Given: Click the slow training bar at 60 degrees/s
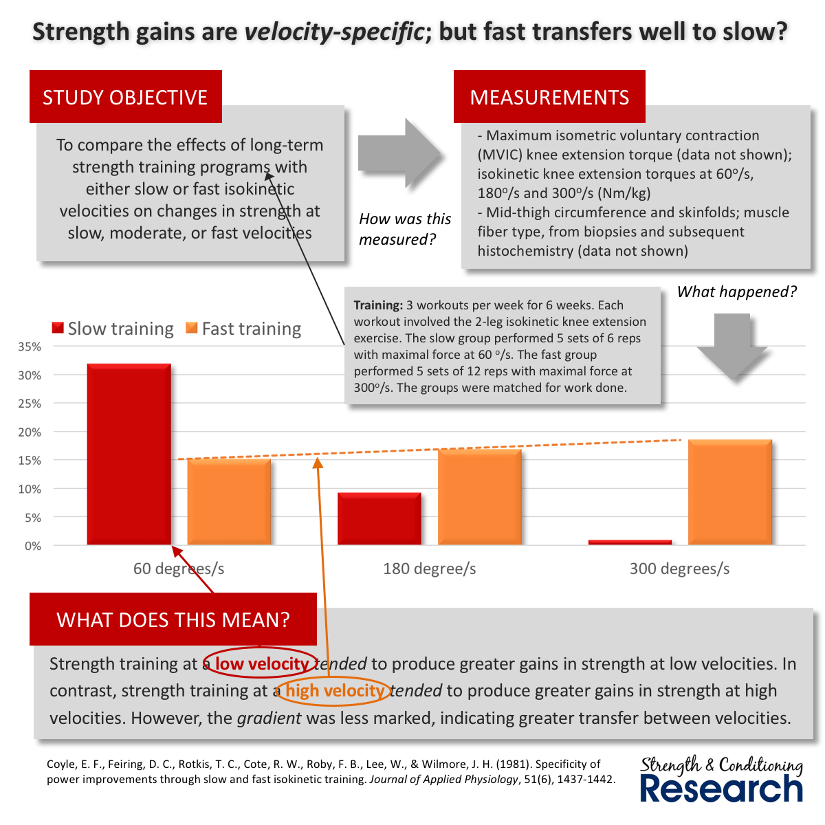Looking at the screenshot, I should click(129, 454).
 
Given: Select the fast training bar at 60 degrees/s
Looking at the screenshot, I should click(229, 502).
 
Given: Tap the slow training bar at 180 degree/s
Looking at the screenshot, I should click(379, 519).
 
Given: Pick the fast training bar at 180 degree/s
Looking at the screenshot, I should click(479, 496).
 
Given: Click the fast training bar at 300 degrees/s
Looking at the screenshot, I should click(729, 492).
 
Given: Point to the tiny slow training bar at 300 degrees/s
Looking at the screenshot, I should click(630, 542).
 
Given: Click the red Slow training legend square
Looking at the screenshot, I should click(58, 329).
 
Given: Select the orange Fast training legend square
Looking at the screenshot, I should click(192, 329).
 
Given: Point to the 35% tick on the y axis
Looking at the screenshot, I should click(29, 347).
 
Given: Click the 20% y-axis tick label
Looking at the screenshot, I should click(29, 432).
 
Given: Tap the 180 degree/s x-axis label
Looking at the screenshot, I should click(430, 569).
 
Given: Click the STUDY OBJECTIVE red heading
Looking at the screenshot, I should click(125, 97).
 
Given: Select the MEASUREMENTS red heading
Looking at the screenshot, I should click(549, 97).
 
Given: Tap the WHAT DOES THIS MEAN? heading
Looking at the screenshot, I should click(173, 619).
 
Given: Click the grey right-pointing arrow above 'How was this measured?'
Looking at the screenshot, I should click(399, 153).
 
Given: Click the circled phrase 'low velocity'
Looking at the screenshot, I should click(261, 663).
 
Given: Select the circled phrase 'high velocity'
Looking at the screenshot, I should click(335, 690).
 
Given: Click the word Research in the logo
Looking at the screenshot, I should click(721, 789).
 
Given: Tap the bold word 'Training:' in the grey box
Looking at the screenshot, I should click(378, 305).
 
